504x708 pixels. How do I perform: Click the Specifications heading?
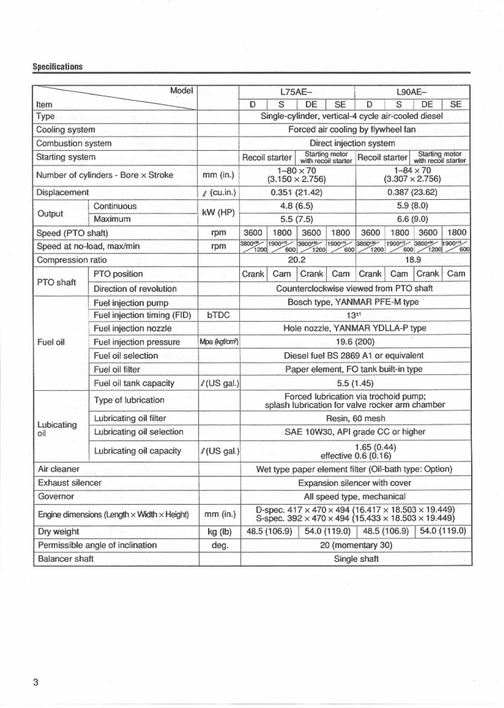point(57,67)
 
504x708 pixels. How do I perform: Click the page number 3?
point(36,682)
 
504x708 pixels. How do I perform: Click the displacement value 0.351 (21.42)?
point(297,193)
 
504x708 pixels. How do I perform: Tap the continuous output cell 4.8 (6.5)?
point(297,206)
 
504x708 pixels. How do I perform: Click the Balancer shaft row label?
point(65,559)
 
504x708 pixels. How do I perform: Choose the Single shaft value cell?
point(356,559)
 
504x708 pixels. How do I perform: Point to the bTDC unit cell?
point(218,315)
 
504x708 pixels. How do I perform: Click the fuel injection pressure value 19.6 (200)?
point(355,342)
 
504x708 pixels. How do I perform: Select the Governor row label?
point(55,496)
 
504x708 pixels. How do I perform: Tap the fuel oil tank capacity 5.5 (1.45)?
point(355,383)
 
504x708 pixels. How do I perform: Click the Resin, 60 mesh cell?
point(355,418)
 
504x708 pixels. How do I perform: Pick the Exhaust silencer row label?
point(68,483)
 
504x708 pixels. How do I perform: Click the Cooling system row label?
point(65,130)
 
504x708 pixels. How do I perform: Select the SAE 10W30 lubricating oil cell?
point(355,431)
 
